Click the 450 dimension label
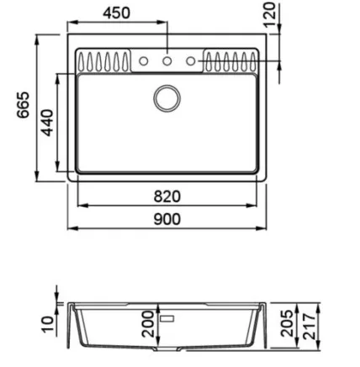[116, 13]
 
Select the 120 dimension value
[270, 14]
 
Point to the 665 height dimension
[23, 104]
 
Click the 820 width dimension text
[167, 197]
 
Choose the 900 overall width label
[167, 220]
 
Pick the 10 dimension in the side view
[47, 324]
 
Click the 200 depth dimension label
[148, 323]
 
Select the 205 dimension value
[287, 323]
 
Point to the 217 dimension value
[309, 327]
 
